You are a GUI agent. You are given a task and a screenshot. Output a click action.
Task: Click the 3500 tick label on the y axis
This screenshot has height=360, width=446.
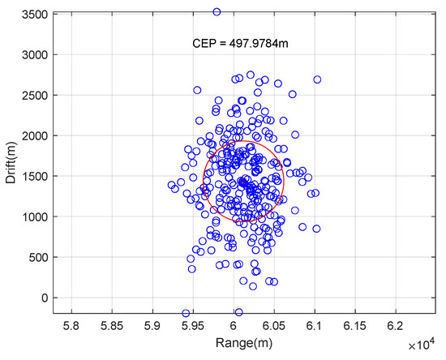click(x=32, y=15)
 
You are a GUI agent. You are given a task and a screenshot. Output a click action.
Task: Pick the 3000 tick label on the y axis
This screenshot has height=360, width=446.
click(x=32, y=54)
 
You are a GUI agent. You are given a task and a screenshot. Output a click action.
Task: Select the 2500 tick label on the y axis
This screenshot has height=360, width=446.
click(x=32, y=95)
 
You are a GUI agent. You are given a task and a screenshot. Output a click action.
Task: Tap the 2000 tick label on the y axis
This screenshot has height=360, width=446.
click(x=32, y=135)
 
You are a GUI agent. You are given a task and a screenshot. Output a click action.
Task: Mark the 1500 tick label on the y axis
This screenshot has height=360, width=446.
click(x=32, y=176)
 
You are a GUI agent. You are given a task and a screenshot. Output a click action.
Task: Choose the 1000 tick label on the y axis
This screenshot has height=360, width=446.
click(x=32, y=216)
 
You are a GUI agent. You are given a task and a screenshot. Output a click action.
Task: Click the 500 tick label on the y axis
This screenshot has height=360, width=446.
click(x=36, y=257)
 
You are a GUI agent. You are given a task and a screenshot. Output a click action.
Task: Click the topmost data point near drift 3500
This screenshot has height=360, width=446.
click(x=217, y=12)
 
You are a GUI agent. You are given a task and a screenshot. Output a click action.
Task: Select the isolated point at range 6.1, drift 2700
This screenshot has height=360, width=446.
click(x=317, y=79)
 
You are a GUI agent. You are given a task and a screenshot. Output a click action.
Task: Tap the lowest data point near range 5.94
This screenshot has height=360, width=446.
click(x=186, y=313)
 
